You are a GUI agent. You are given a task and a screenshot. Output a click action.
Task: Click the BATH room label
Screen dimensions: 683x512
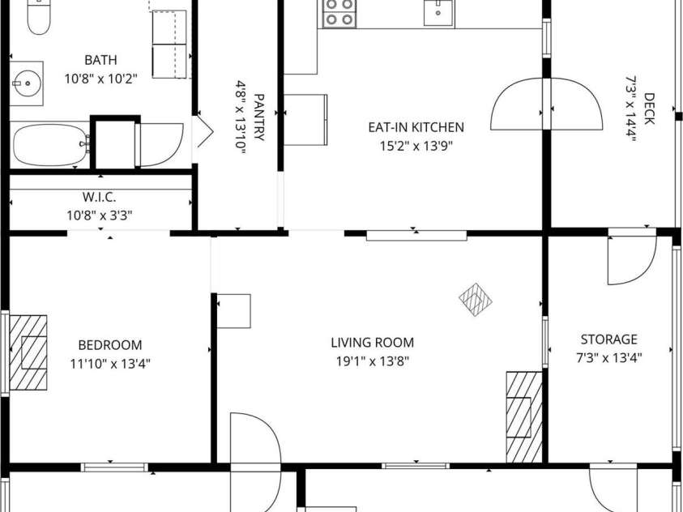pos(100,60)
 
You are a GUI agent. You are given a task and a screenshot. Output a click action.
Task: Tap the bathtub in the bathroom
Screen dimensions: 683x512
pos(51,145)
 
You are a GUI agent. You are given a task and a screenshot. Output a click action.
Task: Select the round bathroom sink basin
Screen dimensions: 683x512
pos(27,83)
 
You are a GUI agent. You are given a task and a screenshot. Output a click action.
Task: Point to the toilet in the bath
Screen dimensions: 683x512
pos(39,16)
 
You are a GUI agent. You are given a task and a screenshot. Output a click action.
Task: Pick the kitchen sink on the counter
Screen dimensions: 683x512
pos(438,13)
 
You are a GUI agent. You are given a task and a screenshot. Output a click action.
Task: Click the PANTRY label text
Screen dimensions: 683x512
pos(258,117)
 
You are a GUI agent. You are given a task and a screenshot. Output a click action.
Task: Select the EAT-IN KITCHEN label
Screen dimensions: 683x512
pos(416,127)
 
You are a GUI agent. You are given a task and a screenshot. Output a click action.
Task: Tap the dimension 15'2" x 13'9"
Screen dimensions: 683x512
pos(416,146)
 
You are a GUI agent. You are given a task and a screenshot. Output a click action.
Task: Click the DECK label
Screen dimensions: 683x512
pos(649,109)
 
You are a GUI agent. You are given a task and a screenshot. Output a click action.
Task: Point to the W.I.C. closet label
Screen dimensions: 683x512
pos(100,197)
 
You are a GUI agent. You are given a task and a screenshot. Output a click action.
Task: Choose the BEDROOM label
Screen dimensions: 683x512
pos(110,345)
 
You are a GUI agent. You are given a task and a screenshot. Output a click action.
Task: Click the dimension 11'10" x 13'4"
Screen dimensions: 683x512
pos(110,364)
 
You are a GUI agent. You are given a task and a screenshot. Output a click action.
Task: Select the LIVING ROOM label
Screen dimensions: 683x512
pos(373,343)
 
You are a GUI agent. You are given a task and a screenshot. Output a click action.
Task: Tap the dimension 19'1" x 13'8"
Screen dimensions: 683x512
pos(373,361)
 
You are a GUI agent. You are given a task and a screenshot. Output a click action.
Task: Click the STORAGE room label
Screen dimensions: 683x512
pos(609,339)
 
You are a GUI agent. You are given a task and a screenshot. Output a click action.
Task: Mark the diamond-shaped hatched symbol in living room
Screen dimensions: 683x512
pos(476,300)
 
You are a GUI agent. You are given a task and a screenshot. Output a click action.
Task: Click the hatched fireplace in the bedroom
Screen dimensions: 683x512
pos(28,352)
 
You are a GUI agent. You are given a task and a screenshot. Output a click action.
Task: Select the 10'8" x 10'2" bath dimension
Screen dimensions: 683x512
pos(101,79)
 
